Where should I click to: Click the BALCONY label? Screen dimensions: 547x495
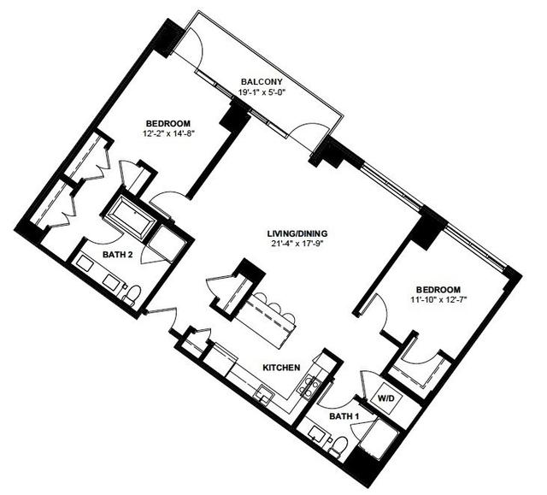coord(262,82)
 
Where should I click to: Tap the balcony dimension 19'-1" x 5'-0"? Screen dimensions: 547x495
coord(262,92)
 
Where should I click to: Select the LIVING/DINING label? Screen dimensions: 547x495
coord(297,233)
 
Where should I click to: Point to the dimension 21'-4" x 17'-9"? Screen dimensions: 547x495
coord(296,244)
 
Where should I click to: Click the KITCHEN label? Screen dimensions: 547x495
coord(281,368)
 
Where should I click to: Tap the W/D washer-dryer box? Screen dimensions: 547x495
coord(386,398)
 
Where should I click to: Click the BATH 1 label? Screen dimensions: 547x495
coord(344,416)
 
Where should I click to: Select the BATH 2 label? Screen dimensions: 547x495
coord(118,255)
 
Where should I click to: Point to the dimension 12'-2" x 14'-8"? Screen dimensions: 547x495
coord(168,133)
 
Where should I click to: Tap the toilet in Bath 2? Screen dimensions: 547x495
coord(131,295)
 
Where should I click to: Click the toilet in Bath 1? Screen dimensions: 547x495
coord(338,446)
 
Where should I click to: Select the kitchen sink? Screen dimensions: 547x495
coord(264,394)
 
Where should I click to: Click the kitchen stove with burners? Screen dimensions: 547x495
coord(309,387)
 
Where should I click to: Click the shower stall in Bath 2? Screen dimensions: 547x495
coord(163,244)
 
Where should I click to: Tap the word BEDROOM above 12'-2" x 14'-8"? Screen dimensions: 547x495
coord(168,123)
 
